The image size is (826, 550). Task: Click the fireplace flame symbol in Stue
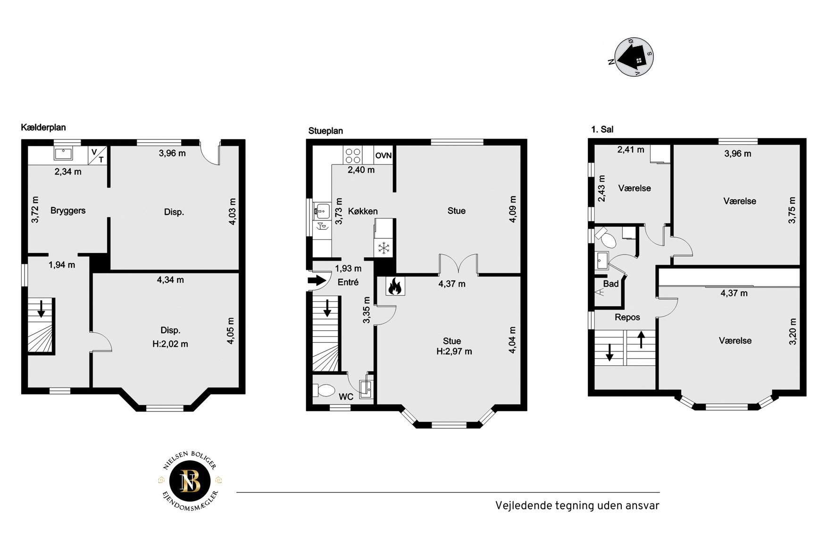click(x=395, y=286)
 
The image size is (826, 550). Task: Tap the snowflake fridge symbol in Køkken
click(x=384, y=247)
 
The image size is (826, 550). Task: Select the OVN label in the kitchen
click(x=384, y=156)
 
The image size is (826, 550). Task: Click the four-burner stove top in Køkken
click(x=352, y=156)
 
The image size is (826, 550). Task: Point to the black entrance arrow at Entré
click(x=317, y=281)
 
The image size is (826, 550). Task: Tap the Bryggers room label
click(x=68, y=211)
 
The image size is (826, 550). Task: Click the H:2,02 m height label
click(x=170, y=344)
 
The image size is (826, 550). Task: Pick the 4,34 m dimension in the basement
click(x=170, y=280)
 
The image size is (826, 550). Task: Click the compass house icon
click(x=634, y=57)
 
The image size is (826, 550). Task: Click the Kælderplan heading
click(x=43, y=127)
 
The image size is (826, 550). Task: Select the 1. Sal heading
click(x=602, y=129)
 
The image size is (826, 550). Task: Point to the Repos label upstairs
click(x=627, y=317)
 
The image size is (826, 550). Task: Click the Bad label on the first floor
click(x=611, y=284)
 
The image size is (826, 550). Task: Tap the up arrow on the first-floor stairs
click(x=641, y=339)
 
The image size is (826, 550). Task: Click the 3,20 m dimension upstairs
click(x=793, y=331)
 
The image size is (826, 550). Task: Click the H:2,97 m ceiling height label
click(x=454, y=352)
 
